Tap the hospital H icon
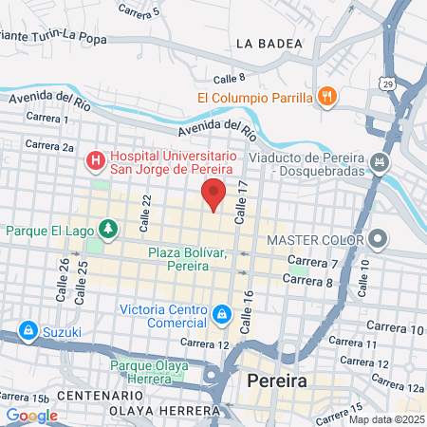click(95, 160)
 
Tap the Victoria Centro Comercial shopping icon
click(221, 313)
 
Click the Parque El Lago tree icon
click(109, 229)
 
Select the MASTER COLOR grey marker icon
click(379, 238)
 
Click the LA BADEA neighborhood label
click(269, 43)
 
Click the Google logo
click(31, 415)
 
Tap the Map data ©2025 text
click(386, 419)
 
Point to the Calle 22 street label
click(146, 206)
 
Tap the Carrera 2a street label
click(49, 146)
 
